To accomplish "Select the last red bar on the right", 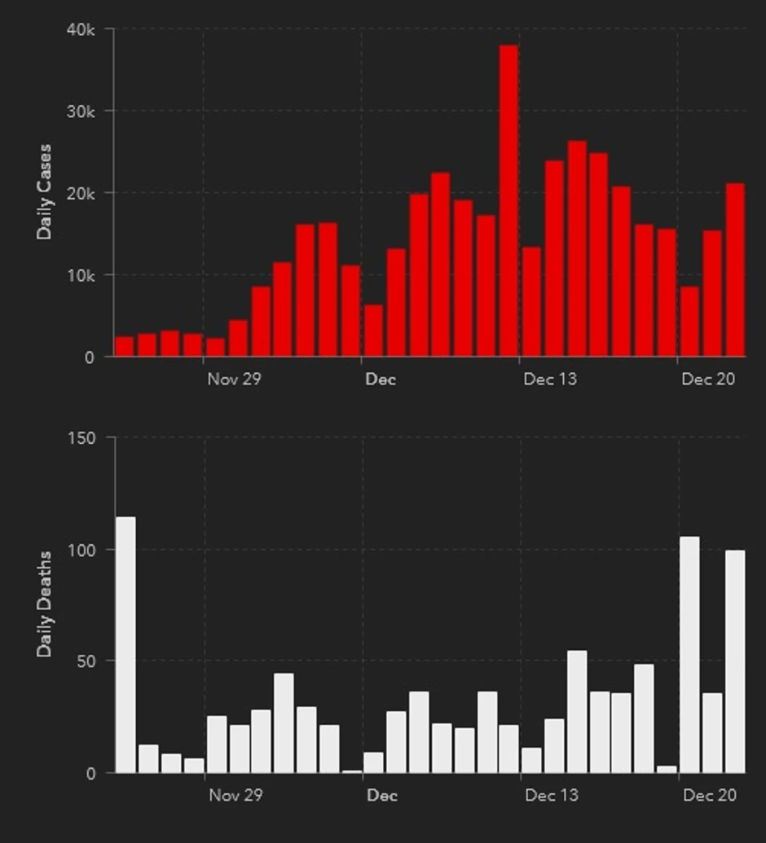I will tap(735, 270).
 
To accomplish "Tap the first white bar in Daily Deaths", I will tap(125, 644).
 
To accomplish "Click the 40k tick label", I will tap(81, 29).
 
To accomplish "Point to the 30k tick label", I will tap(81, 112).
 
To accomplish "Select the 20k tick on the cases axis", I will tap(81, 194).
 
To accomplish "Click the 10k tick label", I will tap(81, 276).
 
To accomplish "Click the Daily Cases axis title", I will tap(44, 192).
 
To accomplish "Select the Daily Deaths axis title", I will tap(44, 604).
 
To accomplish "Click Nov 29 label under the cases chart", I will tap(234, 379).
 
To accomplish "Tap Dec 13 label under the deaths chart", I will tap(551, 794).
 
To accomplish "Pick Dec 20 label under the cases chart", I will tap(708, 379).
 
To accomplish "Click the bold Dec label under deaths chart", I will tap(381, 794).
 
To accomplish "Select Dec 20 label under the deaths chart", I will tap(709, 794).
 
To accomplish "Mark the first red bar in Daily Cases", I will tap(125, 347).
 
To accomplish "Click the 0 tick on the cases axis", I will tap(89, 358).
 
